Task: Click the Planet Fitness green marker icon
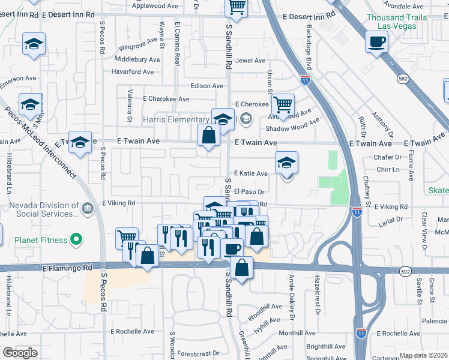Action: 76,240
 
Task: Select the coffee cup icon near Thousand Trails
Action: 376,41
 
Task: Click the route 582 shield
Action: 403,78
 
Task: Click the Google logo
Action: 20,353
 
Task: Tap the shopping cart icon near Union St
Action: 283,104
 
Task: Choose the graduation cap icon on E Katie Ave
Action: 287,162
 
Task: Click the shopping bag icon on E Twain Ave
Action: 208,135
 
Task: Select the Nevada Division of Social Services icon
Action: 88,209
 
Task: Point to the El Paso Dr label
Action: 250,191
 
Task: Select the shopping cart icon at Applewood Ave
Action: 237,7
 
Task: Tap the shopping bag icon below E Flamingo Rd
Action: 241,267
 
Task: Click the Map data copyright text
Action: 424,355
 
